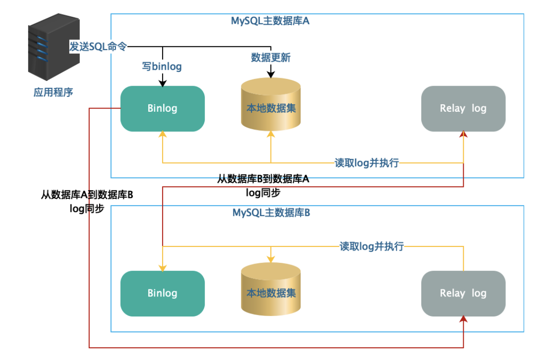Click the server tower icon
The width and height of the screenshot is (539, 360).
pos(54,47)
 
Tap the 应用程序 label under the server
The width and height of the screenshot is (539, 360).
pos(53,92)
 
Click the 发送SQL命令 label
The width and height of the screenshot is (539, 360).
pos(98,46)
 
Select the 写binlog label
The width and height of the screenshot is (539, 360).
pos(162,66)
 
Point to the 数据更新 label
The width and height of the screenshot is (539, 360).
pos(271,58)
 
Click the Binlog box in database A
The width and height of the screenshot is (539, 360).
pos(163,108)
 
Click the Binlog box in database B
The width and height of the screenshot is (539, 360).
pos(163,293)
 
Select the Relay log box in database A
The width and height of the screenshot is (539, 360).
pos(463,108)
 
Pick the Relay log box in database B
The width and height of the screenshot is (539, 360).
pos(463,293)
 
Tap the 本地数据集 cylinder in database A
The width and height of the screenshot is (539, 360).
pos(271,105)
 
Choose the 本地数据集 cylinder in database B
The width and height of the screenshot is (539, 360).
pos(271,289)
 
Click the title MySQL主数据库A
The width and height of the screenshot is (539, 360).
pos(270,21)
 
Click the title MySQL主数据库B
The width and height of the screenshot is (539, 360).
pos(271,213)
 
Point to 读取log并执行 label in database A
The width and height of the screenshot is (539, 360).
pos(367,163)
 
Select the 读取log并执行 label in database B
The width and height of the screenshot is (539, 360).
pos(372,246)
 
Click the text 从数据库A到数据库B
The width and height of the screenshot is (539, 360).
pos(87,195)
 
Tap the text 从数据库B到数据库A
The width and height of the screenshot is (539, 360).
pos(263,179)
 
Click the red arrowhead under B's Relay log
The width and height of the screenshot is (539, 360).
pos(463,319)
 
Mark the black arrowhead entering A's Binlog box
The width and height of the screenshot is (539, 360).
pos(163,83)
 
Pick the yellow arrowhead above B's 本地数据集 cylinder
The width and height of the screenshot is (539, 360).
pos(271,259)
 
